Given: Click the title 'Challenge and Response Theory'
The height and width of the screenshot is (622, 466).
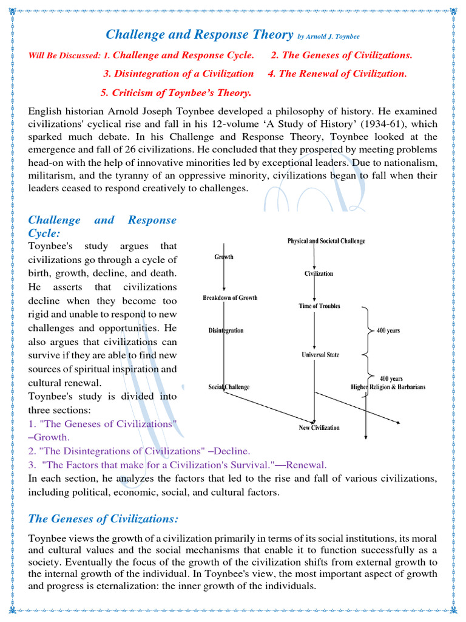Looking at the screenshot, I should tap(200, 35).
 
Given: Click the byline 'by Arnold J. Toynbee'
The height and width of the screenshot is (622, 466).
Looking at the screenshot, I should tap(333, 37).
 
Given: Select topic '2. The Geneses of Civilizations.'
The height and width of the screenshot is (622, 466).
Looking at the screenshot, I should tap(341, 55).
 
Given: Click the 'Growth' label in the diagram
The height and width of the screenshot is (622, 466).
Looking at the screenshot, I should tap(224, 257).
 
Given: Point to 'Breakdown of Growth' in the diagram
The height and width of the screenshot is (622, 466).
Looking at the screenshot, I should tap(230, 298).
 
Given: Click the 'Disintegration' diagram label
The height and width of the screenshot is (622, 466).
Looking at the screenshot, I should tap(226, 330).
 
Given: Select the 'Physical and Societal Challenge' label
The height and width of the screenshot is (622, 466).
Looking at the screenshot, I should tap(326, 241).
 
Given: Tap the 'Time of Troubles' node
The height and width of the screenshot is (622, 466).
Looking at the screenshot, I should tap(319, 306).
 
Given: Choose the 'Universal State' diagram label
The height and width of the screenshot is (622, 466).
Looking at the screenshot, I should tap(320, 355).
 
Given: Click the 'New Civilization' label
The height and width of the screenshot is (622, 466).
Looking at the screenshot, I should tap(319, 428).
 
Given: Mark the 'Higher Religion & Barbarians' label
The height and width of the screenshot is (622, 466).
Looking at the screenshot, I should tap(388, 387).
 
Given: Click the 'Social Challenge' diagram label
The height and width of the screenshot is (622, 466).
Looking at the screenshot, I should tap(229, 387).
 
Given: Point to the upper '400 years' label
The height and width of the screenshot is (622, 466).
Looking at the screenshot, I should tap(388, 331).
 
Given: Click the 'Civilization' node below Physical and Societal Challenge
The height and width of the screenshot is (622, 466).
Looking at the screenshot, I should tap(319, 273).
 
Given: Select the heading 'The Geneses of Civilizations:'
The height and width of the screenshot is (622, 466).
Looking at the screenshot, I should tap(104, 518).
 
